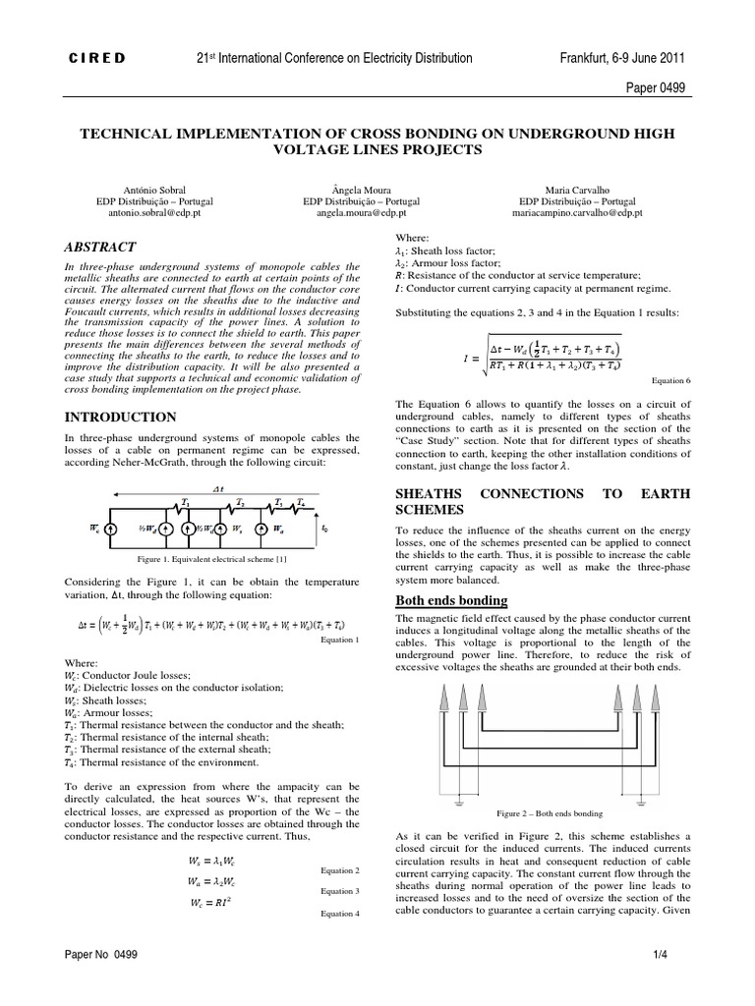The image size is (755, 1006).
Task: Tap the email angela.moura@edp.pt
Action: point(377,211)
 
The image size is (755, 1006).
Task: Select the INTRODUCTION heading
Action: point(120,418)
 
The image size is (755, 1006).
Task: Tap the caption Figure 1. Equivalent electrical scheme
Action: point(212,558)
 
